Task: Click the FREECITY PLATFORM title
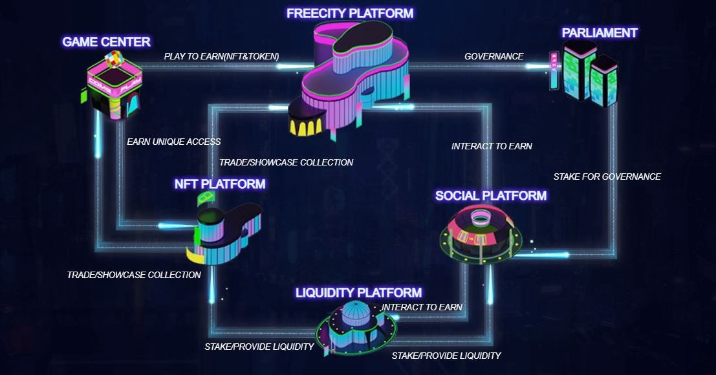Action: click(350, 12)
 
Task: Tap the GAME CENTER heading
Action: click(106, 42)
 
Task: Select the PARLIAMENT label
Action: click(600, 32)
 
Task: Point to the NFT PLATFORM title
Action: click(220, 184)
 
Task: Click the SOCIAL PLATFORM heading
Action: click(491, 195)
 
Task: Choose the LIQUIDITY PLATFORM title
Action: click(358, 293)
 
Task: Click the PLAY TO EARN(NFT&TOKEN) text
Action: click(221, 56)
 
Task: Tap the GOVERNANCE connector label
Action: click(494, 56)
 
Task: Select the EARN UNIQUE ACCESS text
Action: click(173, 142)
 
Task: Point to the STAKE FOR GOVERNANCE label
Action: click(607, 177)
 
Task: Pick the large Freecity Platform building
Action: click(353, 78)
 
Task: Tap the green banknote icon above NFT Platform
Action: click(206, 198)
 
